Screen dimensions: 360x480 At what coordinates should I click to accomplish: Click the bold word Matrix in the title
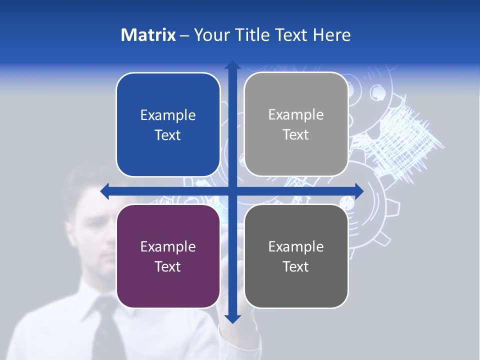148,35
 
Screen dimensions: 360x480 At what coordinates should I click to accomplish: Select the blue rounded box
168,124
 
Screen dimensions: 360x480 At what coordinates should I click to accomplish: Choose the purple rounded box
168,256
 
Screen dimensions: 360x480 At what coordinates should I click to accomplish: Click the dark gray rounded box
296,256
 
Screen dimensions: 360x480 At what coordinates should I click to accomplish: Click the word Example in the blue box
168,115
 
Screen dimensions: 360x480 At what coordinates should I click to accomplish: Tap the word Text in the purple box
168,266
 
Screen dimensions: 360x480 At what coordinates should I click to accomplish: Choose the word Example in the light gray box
296,115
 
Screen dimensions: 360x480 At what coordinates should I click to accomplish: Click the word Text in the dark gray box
296,266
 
